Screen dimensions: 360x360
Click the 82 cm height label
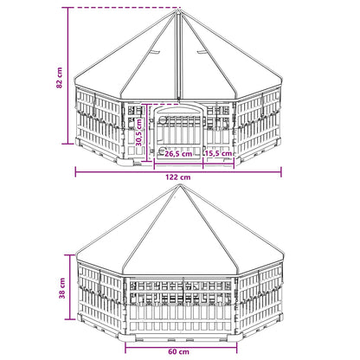[x=59, y=78]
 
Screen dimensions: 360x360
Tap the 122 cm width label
[x=178, y=177]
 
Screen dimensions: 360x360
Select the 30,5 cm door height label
[x=139, y=132]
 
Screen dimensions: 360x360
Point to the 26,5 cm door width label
[x=178, y=154]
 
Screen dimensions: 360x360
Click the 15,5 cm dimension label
[x=218, y=153]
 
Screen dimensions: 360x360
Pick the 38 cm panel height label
[x=61, y=288]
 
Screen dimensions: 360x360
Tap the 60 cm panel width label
[x=178, y=351]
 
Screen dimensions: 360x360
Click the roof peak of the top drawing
[x=179, y=10]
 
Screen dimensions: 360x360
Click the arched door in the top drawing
[x=179, y=132]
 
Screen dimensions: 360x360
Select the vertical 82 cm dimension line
[x=68, y=75]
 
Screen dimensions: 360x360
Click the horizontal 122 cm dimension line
[x=178, y=172]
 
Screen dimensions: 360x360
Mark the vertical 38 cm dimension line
[x=70, y=287]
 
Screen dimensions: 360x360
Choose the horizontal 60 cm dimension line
[x=181, y=347]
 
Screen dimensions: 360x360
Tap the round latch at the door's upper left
[x=163, y=120]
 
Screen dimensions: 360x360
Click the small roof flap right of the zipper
[x=202, y=51]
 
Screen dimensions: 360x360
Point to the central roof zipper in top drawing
[x=180, y=56]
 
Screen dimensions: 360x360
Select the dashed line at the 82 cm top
[x=125, y=8]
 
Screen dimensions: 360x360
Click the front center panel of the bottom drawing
[x=181, y=305]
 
